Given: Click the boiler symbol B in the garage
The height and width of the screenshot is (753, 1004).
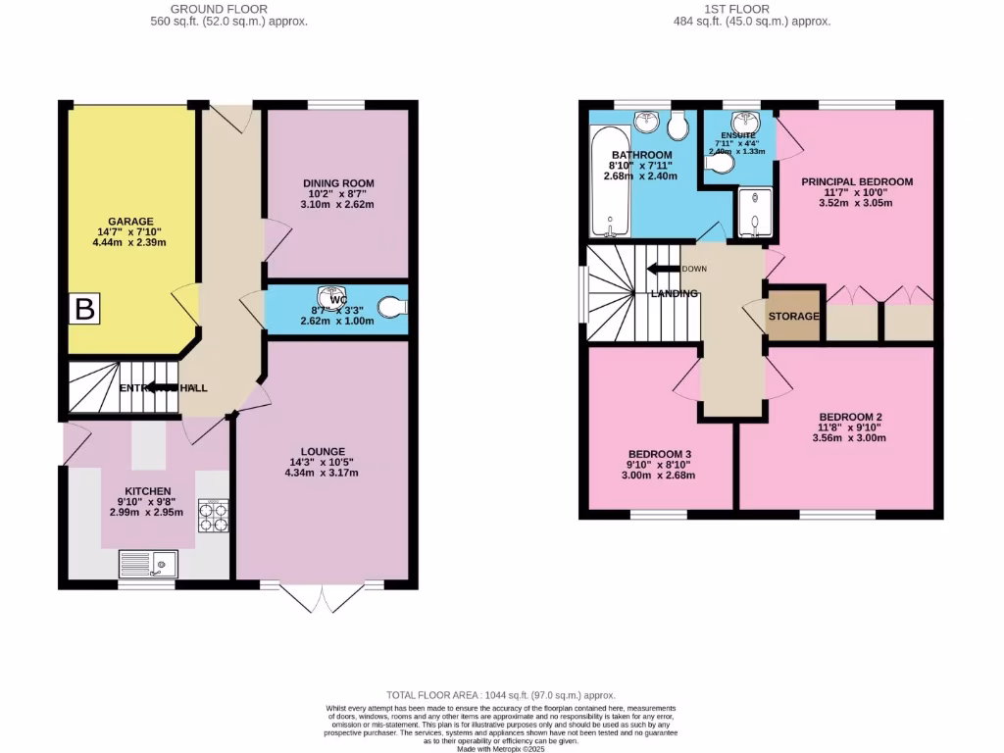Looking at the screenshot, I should (85, 310).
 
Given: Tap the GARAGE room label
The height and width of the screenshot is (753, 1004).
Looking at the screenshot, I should (131, 222).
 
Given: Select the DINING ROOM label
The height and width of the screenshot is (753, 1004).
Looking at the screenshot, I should (337, 183).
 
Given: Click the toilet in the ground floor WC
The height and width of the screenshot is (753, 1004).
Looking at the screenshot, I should (393, 309).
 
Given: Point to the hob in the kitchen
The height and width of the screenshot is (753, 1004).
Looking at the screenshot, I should (214, 516).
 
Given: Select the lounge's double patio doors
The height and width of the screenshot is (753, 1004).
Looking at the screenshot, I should (307, 598).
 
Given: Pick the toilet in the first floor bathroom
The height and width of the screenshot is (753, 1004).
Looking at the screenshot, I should (677, 126).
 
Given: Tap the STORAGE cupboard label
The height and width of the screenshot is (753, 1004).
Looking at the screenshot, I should (793, 317).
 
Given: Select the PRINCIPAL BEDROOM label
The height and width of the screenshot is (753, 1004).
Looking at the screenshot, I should (857, 181).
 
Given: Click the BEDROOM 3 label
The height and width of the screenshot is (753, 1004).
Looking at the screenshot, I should (660, 454).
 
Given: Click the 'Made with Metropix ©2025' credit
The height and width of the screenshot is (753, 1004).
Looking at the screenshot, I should (501, 748).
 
